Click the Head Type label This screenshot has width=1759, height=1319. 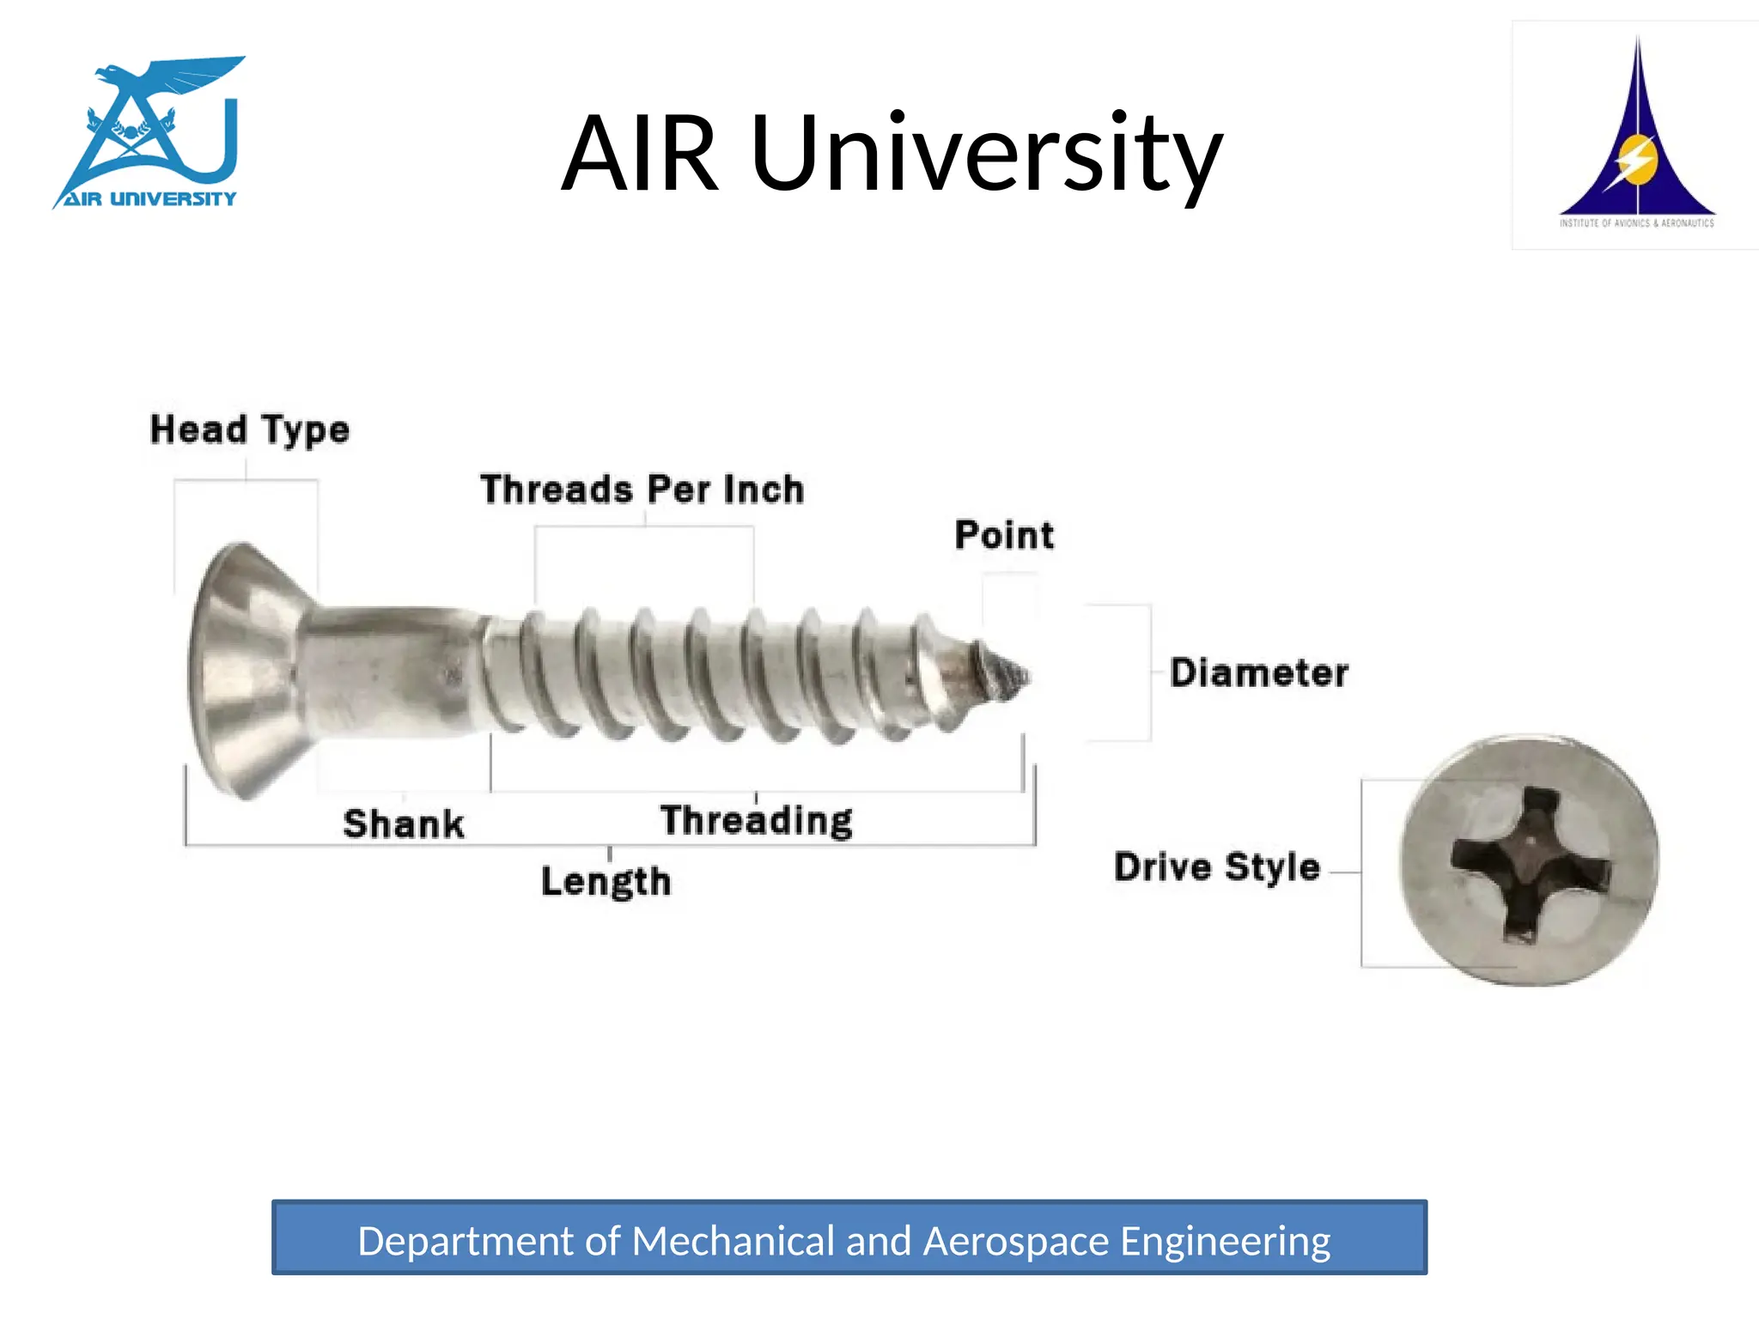tap(249, 429)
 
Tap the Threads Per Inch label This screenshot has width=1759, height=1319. tap(642, 489)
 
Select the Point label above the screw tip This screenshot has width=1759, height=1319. tap(1004, 535)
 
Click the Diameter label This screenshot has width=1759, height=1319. tap(1258, 672)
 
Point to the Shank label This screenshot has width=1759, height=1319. tap(404, 824)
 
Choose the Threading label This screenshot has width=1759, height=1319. tap(756, 820)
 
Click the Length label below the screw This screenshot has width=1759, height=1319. tap(606, 881)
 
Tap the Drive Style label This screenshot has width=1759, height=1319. tap(1216, 866)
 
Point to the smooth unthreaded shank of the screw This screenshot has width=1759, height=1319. tap(386, 670)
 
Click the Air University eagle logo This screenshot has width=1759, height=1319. tap(151, 133)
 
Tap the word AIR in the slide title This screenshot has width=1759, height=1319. tap(641, 155)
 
